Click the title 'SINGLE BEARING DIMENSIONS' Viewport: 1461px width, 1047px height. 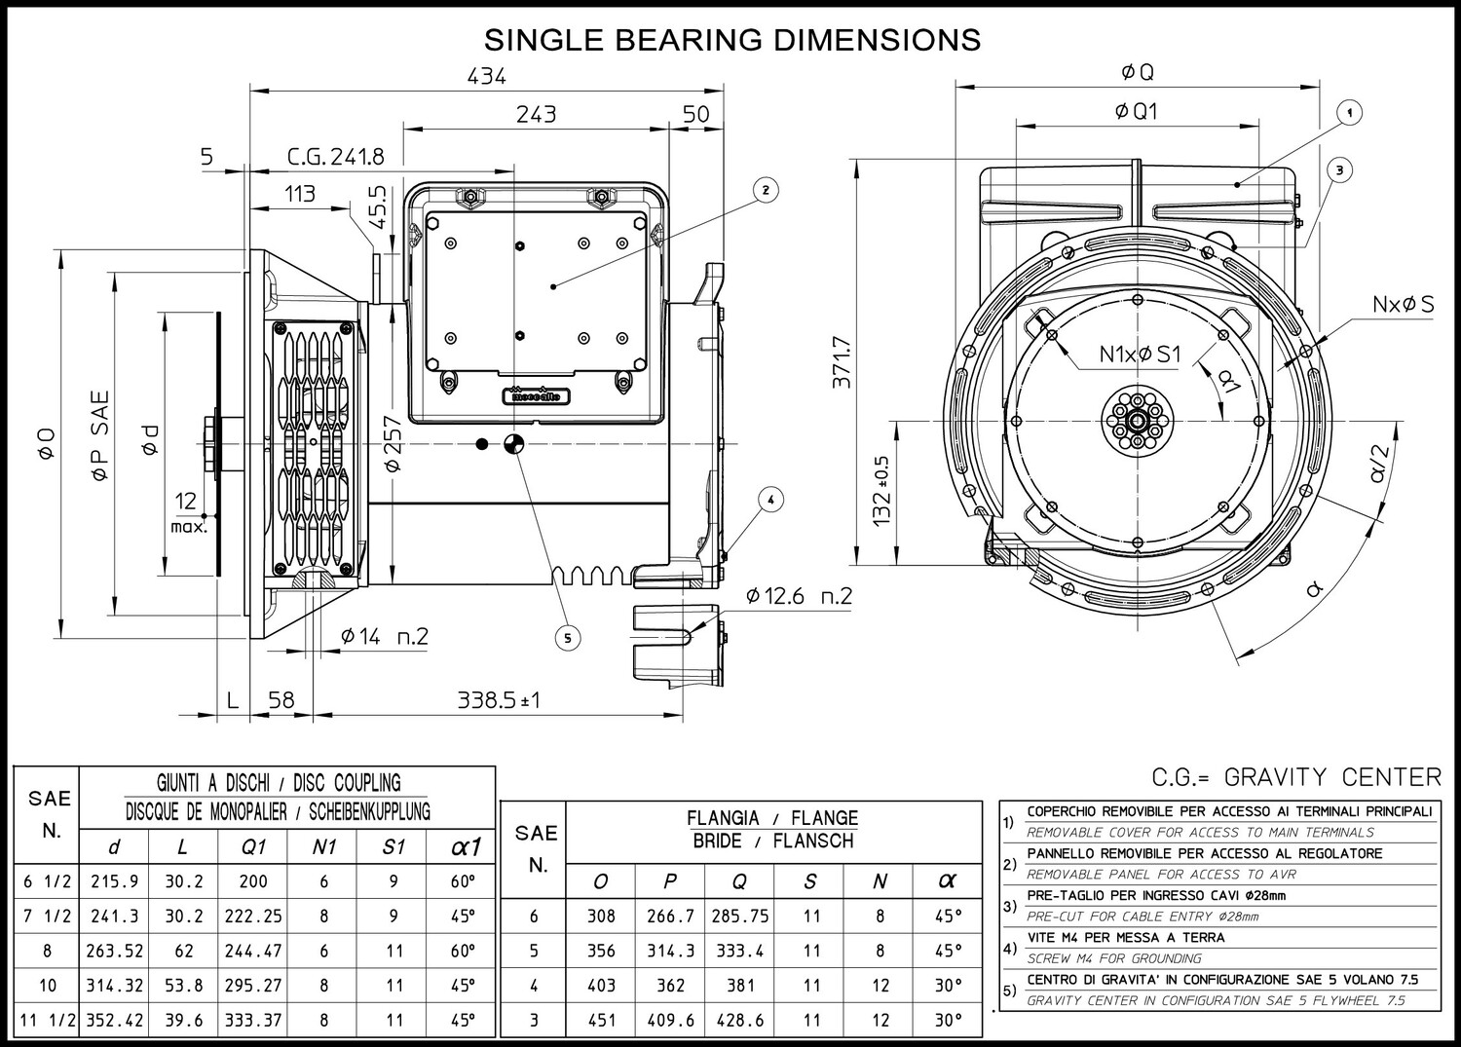[732, 40]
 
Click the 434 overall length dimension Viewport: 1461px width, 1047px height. [487, 76]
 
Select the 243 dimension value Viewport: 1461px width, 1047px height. [536, 114]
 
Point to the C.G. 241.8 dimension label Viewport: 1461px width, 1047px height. [336, 157]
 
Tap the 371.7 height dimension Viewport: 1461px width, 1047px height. [843, 362]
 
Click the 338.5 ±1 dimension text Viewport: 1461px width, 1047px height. [499, 700]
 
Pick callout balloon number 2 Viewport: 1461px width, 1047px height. [765, 190]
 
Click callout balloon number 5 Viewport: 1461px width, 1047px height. [568, 637]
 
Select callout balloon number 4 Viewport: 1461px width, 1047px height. [771, 501]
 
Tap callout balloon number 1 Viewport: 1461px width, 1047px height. [1349, 113]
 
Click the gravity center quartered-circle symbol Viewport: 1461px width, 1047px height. [514, 444]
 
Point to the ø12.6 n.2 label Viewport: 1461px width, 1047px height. [799, 596]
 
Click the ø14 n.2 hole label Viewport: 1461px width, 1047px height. [384, 636]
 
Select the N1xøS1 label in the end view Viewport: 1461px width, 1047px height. [1141, 355]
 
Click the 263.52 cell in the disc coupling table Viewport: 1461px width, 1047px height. [114, 951]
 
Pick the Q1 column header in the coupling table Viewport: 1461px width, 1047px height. [253, 847]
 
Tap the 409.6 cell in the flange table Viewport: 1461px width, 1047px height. [670, 1020]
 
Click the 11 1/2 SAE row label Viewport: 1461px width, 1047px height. [48, 1020]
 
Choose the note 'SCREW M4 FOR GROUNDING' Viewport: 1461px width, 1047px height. [1114, 958]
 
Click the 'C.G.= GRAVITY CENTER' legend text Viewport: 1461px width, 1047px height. [1296, 777]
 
